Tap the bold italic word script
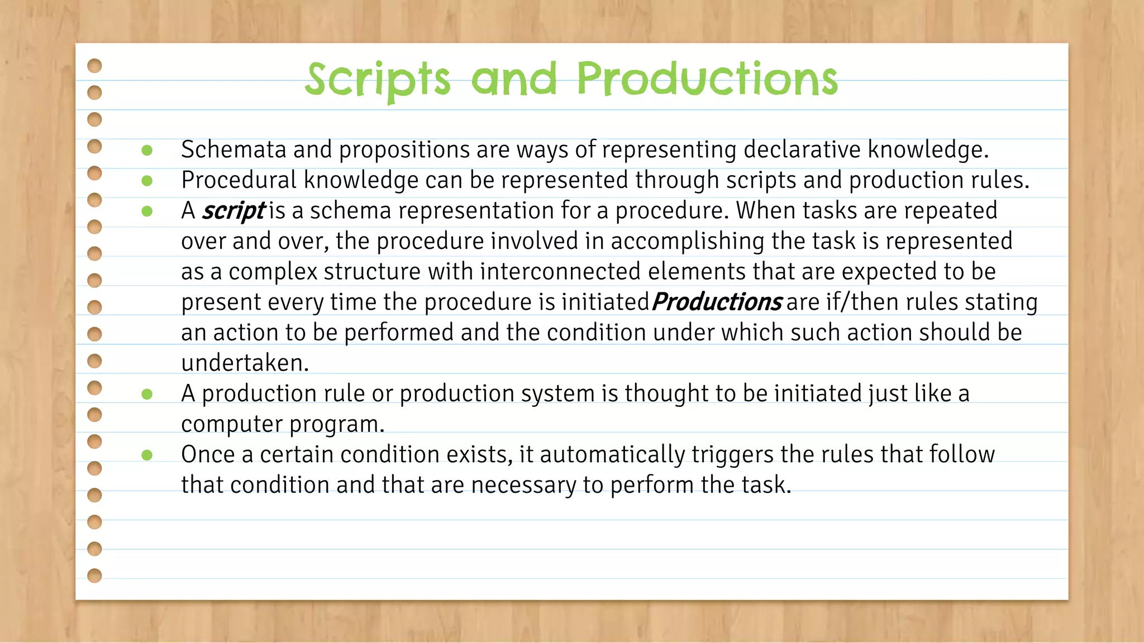(x=233, y=211)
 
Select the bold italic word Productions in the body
(x=717, y=302)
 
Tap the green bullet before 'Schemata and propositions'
(x=147, y=150)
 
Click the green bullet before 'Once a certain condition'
(x=147, y=455)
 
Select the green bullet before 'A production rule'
(x=147, y=394)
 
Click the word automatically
(x=612, y=455)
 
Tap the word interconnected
(x=560, y=272)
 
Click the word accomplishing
(x=687, y=242)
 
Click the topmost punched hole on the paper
(x=95, y=66)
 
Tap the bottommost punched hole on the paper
(x=95, y=575)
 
